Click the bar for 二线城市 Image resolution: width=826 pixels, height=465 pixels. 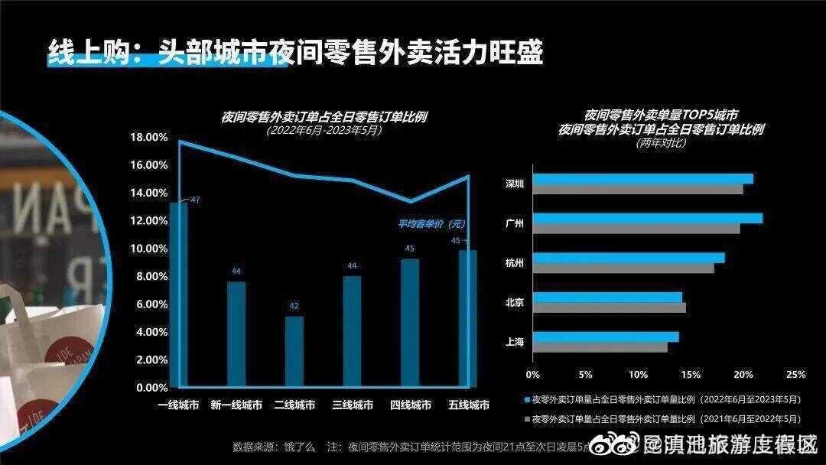coord(294,352)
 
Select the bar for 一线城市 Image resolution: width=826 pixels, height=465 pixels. coord(178,294)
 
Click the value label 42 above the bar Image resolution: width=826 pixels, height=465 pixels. coord(294,306)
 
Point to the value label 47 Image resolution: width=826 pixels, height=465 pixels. coord(195,200)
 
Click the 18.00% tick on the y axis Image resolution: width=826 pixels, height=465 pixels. coord(151,138)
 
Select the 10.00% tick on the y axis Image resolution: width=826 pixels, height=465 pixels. coord(151,249)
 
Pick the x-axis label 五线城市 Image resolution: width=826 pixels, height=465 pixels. coord(468,405)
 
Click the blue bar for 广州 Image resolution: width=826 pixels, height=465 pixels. coord(647,219)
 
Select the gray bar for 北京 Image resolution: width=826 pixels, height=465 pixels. coord(609,307)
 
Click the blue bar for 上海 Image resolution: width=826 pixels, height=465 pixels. coord(605,337)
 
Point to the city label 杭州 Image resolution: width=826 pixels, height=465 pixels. coord(515,263)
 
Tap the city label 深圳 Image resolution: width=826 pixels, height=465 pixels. coord(515,184)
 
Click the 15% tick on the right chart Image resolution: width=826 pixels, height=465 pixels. coord(690,375)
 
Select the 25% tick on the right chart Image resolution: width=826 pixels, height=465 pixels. coord(795,375)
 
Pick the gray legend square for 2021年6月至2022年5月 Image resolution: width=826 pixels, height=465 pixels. coord(527,419)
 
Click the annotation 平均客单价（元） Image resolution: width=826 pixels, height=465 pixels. coord(431,224)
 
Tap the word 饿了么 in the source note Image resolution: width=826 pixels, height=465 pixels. coord(300,446)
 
